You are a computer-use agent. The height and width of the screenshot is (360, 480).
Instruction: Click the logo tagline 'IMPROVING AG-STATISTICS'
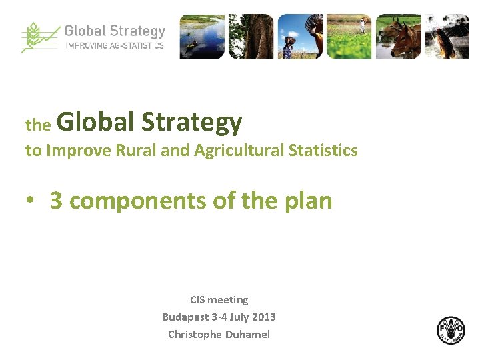[114, 46]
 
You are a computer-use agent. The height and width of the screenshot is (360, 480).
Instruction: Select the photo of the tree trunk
[251, 36]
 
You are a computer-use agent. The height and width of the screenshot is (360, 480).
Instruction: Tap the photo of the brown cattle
[398, 36]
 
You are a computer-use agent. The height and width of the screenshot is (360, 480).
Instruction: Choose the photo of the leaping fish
[447, 36]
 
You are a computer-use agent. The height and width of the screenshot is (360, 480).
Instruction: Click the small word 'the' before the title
[38, 125]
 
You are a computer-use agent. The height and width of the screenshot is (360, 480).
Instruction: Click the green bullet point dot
[31, 201]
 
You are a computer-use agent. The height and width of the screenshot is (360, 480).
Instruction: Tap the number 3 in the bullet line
[56, 200]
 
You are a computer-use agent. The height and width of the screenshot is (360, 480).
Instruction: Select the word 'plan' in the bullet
[308, 201]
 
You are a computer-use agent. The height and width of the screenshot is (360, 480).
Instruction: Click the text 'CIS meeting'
[219, 300]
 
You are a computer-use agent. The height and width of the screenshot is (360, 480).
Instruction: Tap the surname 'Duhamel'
[247, 335]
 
